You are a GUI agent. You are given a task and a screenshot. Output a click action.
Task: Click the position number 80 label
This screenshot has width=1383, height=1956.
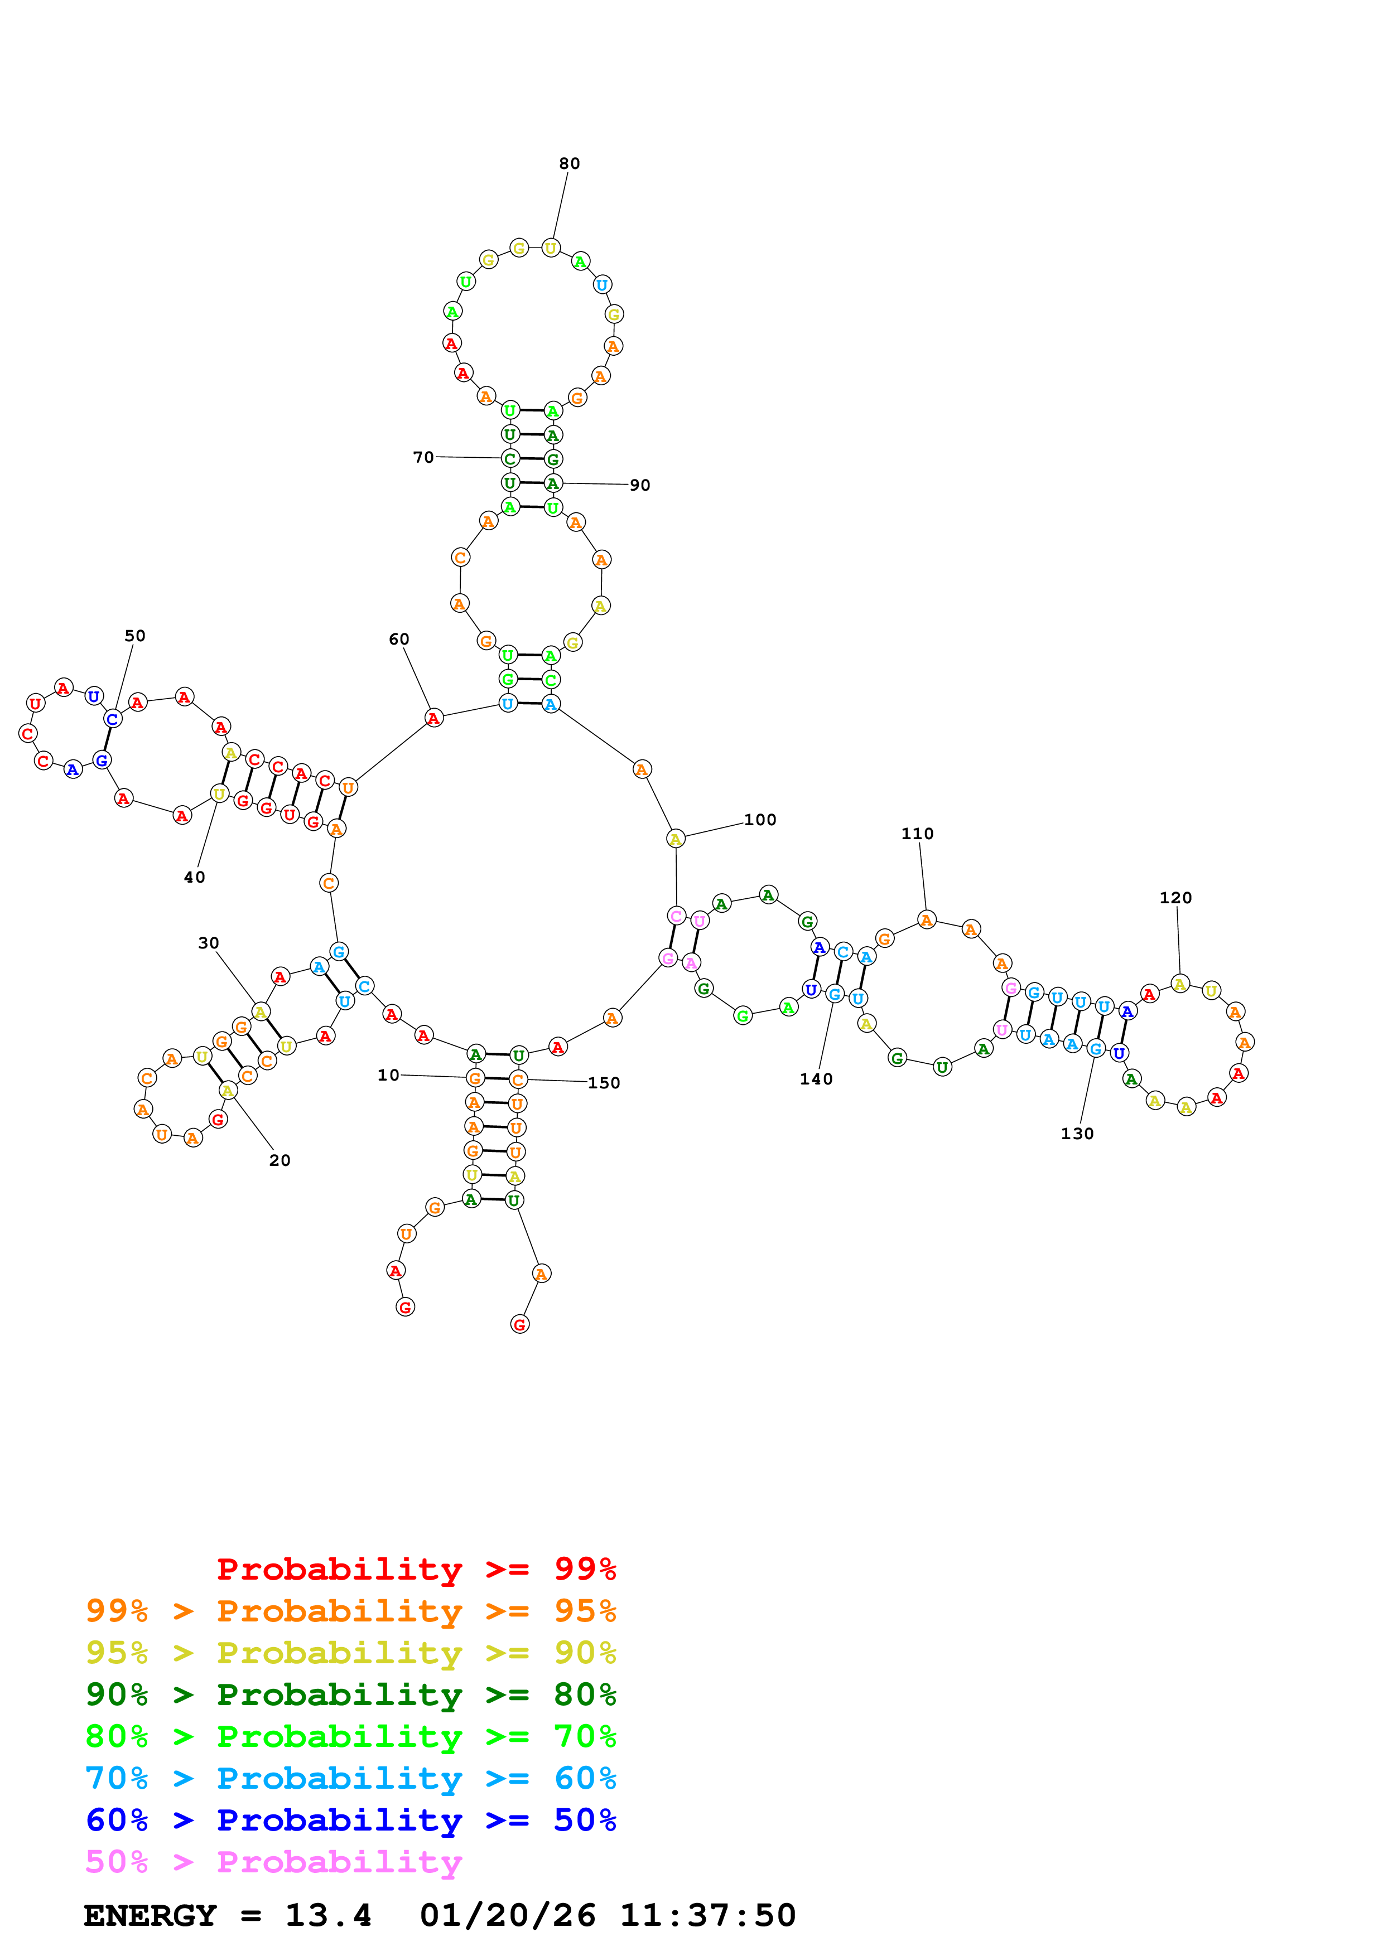pyautogui.click(x=569, y=163)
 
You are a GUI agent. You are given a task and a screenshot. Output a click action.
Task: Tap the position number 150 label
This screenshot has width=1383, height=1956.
pyautogui.click(x=603, y=1083)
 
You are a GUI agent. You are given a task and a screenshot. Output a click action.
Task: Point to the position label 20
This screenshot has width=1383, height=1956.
pyautogui.click(x=280, y=1160)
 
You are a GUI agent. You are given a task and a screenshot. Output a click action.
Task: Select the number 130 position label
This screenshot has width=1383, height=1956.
pyautogui.click(x=1077, y=1134)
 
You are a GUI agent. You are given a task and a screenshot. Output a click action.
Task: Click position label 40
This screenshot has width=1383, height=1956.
pyautogui.click(x=194, y=878)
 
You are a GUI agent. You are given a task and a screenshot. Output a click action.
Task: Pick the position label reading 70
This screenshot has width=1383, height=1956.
pyautogui.click(x=423, y=457)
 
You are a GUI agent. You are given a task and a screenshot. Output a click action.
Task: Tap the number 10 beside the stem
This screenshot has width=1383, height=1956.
pyautogui.click(x=389, y=1075)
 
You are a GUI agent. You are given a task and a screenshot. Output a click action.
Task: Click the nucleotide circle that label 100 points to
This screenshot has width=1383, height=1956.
pyautogui.click(x=676, y=839)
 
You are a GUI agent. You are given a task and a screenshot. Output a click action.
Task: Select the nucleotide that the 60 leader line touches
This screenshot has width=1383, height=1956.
pyautogui.click(x=433, y=718)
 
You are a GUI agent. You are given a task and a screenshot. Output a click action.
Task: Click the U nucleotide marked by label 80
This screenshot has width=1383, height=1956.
pyautogui.click(x=551, y=249)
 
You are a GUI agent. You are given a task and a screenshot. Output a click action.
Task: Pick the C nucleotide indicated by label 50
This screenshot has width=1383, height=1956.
pyautogui.click(x=113, y=719)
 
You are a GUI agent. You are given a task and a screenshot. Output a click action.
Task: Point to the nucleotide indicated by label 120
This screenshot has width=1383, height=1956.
pyautogui.click(x=1180, y=985)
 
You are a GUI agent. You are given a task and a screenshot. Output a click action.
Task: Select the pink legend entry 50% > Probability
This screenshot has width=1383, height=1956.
pyautogui.click(x=273, y=1862)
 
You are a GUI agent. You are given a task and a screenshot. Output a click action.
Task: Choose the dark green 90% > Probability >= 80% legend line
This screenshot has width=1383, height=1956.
pyautogui.click(x=350, y=1695)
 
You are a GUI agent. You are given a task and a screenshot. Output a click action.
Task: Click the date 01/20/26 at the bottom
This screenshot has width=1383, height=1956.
pyautogui.click(x=507, y=1916)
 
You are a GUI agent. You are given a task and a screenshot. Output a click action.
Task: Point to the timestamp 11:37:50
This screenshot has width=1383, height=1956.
pyautogui.click(x=707, y=1916)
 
